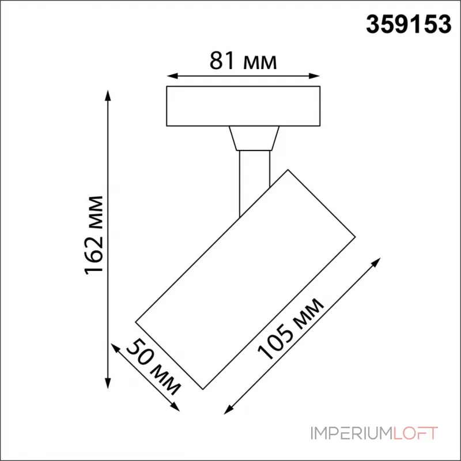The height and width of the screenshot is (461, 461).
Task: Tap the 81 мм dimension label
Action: (x=243, y=61)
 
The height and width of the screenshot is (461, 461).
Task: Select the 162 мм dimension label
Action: (x=95, y=236)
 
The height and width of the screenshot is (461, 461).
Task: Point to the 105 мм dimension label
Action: (x=292, y=330)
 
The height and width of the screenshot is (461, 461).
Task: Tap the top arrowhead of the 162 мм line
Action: (x=107, y=93)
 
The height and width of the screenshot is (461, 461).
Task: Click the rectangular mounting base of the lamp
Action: (x=243, y=106)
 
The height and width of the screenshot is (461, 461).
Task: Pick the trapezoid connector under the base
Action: (x=254, y=138)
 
